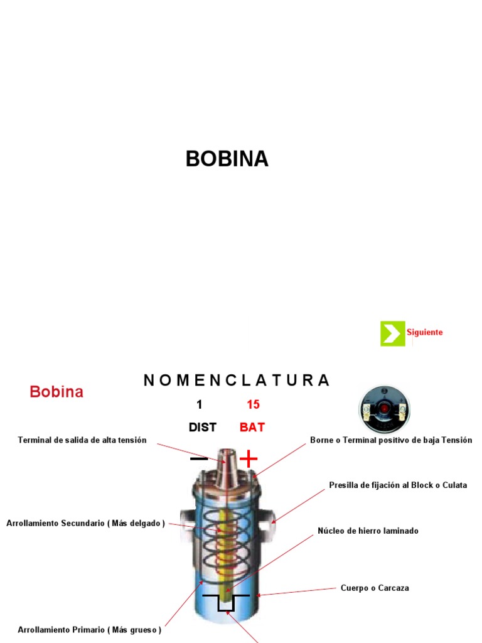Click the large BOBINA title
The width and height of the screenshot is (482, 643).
click(227, 159)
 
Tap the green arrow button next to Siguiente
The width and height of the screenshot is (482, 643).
click(392, 333)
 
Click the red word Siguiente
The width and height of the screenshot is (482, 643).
click(424, 332)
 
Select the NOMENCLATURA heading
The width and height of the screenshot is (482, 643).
click(236, 381)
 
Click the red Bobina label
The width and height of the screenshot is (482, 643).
click(56, 392)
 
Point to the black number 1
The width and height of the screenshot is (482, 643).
click(200, 405)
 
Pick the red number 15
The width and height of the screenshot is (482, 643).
click(253, 405)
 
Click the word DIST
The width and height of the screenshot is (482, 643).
click(202, 428)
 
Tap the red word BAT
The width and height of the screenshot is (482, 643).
click(252, 428)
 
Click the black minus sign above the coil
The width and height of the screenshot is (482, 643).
click(199, 459)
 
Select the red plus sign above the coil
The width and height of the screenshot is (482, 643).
click(249, 459)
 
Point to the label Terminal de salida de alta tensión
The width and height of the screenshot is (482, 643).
click(82, 440)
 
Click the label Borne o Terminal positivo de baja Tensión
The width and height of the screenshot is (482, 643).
click(390, 440)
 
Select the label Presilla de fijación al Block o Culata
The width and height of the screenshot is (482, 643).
click(398, 485)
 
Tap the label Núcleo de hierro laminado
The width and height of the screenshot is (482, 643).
click(368, 531)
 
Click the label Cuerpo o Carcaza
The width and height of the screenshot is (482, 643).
click(375, 588)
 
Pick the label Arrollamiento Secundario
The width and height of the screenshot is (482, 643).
click(85, 523)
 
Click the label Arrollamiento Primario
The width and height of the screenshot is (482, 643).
click(89, 630)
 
